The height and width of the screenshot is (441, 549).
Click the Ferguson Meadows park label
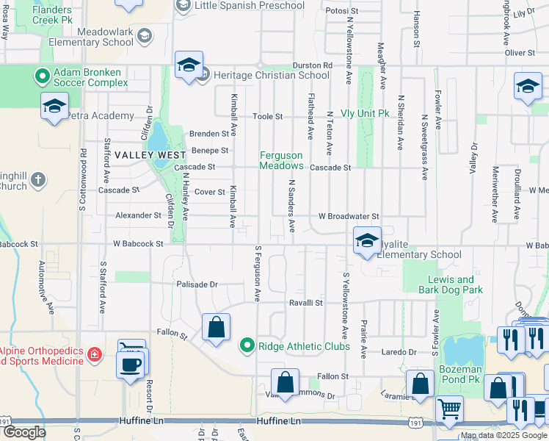[x=281, y=160]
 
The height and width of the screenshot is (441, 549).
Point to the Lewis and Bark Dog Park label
[x=455, y=284]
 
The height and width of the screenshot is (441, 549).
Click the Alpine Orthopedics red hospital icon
[x=94, y=356]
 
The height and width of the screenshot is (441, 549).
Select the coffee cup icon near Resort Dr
[x=132, y=365]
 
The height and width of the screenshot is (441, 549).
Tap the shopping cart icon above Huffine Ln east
[x=449, y=409]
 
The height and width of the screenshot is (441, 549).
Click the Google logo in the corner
[x=24, y=432]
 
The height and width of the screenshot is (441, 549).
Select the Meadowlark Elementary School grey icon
[x=145, y=35]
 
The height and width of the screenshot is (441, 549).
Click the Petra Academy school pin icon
[x=55, y=107]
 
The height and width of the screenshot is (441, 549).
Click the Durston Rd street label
[x=312, y=65]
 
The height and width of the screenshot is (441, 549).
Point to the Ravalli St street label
[x=305, y=302]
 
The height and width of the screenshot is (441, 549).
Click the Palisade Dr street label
[x=197, y=284]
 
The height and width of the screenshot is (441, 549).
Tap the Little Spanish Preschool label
[x=250, y=6]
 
